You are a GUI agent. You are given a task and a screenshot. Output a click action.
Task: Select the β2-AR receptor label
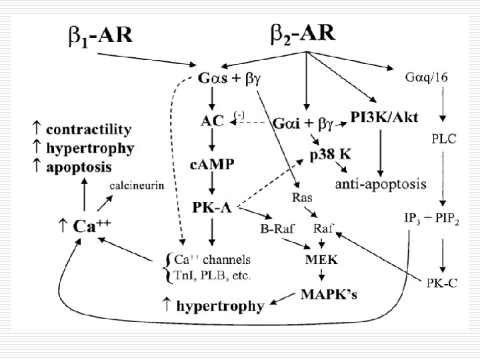point(303,34)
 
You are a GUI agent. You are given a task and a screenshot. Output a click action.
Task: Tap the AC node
point(211,121)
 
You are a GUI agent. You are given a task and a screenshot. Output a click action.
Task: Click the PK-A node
point(211,207)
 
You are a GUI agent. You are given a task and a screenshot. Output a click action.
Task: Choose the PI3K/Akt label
point(385,118)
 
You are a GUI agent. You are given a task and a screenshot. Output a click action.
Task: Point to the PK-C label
point(443,282)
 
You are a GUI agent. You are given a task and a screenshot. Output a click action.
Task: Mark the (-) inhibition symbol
point(239,115)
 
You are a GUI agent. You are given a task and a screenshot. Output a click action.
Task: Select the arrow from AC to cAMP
point(211,141)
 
